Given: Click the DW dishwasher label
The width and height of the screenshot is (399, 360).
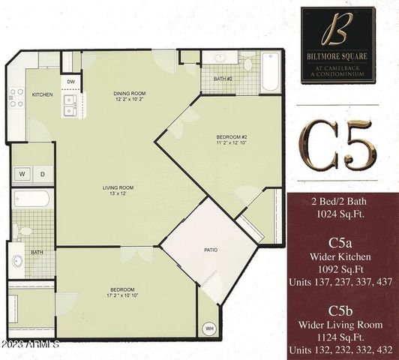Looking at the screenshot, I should [x=71, y=81].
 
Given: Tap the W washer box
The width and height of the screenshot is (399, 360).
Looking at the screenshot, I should [x=22, y=175].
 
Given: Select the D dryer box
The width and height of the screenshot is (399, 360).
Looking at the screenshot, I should [x=42, y=175].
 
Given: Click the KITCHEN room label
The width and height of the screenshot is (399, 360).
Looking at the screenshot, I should [x=42, y=94].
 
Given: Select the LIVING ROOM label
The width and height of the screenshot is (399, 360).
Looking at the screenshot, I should [x=118, y=187].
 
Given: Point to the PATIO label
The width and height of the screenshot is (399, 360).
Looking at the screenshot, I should [x=211, y=249].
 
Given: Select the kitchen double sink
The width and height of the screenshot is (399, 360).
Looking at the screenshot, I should [x=71, y=104].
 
